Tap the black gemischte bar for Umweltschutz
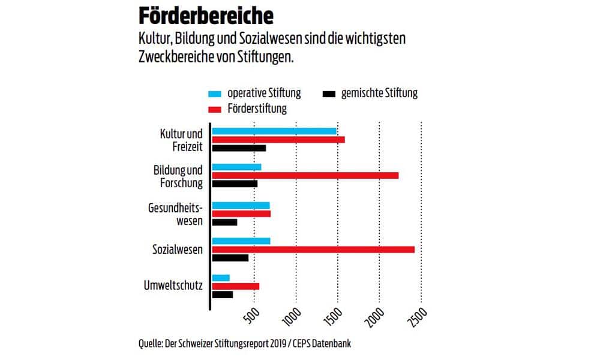(x=223, y=295)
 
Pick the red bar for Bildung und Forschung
(x=305, y=175)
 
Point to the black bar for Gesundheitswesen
(x=224, y=222)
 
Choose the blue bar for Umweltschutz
(x=221, y=278)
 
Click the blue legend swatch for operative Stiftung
(x=215, y=94)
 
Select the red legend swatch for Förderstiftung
(x=215, y=109)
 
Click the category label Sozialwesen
(x=178, y=249)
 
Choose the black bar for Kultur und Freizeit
(x=239, y=148)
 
